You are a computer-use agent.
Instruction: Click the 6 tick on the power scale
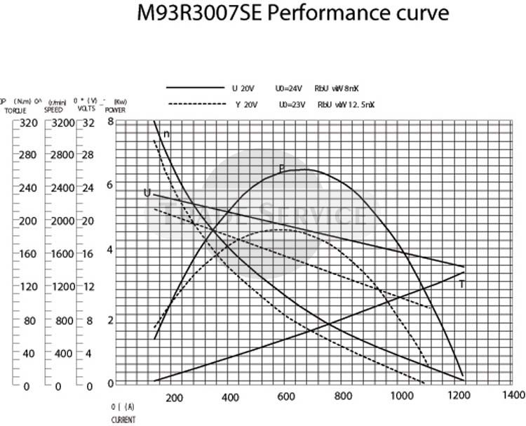[x=109, y=185]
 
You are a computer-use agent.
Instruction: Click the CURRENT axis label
[x=123, y=420]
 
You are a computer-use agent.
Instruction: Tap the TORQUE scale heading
[x=14, y=110]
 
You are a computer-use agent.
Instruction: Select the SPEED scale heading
[x=54, y=110]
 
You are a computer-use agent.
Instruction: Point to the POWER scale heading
[x=115, y=110]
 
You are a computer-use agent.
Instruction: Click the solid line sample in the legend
[x=194, y=88]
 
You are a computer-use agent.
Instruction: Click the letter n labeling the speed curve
[x=167, y=134]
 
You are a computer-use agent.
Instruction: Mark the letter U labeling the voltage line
[x=147, y=192]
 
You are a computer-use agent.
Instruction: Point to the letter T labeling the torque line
[x=462, y=284]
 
